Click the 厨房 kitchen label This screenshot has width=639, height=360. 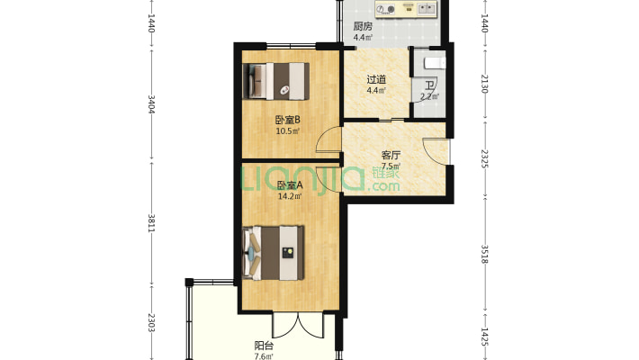click(x=363, y=27)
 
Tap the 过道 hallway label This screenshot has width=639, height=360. click(x=376, y=79)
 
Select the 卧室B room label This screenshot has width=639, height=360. click(x=288, y=120)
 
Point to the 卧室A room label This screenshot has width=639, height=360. click(x=290, y=185)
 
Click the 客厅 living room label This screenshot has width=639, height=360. click(x=391, y=156)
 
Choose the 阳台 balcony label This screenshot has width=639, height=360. click(x=264, y=346)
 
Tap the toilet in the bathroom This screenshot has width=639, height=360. click(x=435, y=63)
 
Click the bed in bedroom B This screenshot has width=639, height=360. click(x=276, y=81)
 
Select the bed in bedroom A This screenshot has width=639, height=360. click(x=274, y=253)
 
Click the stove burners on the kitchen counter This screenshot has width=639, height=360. click(x=385, y=9)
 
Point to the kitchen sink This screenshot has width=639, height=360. click(x=427, y=8)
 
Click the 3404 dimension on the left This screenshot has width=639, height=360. click(x=151, y=104)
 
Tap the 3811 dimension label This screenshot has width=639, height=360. click(x=151, y=223)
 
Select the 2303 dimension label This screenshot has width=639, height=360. click(x=151, y=322)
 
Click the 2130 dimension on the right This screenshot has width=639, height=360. click(x=484, y=84)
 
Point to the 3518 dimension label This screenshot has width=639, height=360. click(x=484, y=254)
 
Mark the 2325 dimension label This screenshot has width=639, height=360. click(x=484, y=159)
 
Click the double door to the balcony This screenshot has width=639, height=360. click(x=298, y=325)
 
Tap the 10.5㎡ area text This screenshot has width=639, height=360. click(x=288, y=131)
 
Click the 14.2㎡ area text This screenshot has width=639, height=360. click(x=290, y=196)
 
